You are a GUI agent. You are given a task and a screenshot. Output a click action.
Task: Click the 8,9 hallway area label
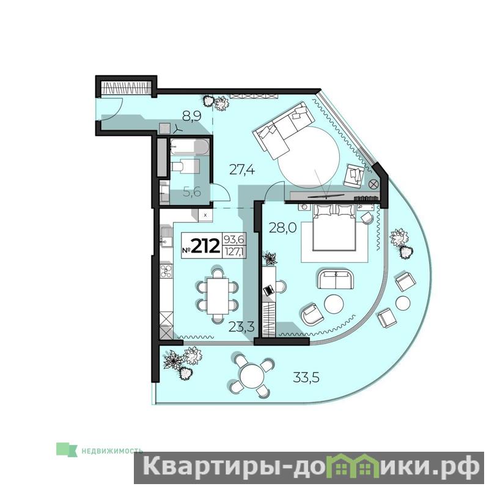[x=192, y=116]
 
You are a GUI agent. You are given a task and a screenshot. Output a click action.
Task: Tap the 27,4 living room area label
[x=242, y=170]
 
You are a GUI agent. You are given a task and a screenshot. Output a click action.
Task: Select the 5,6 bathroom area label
[x=192, y=192]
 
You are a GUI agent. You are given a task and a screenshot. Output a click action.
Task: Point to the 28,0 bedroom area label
[x=282, y=228]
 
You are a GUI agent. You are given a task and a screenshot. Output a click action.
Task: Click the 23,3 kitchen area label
[x=241, y=327]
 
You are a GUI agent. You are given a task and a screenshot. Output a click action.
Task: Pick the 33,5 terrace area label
[x=306, y=378]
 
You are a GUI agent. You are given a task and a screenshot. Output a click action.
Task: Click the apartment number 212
[x=205, y=246]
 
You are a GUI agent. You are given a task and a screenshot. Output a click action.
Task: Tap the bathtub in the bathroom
[x=189, y=147]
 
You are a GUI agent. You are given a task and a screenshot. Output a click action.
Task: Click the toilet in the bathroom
[x=185, y=166]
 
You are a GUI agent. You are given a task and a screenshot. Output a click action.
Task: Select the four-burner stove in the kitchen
[x=166, y=271]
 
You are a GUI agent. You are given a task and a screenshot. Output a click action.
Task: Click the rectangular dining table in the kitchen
[x=218, y=296]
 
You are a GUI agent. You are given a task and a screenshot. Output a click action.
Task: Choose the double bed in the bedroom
[x=334, y=227]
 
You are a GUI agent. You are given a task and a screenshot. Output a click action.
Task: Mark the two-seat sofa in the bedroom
[x=336, y=279]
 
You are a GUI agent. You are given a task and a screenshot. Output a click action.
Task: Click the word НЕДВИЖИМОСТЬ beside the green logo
[x=112, y=450]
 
